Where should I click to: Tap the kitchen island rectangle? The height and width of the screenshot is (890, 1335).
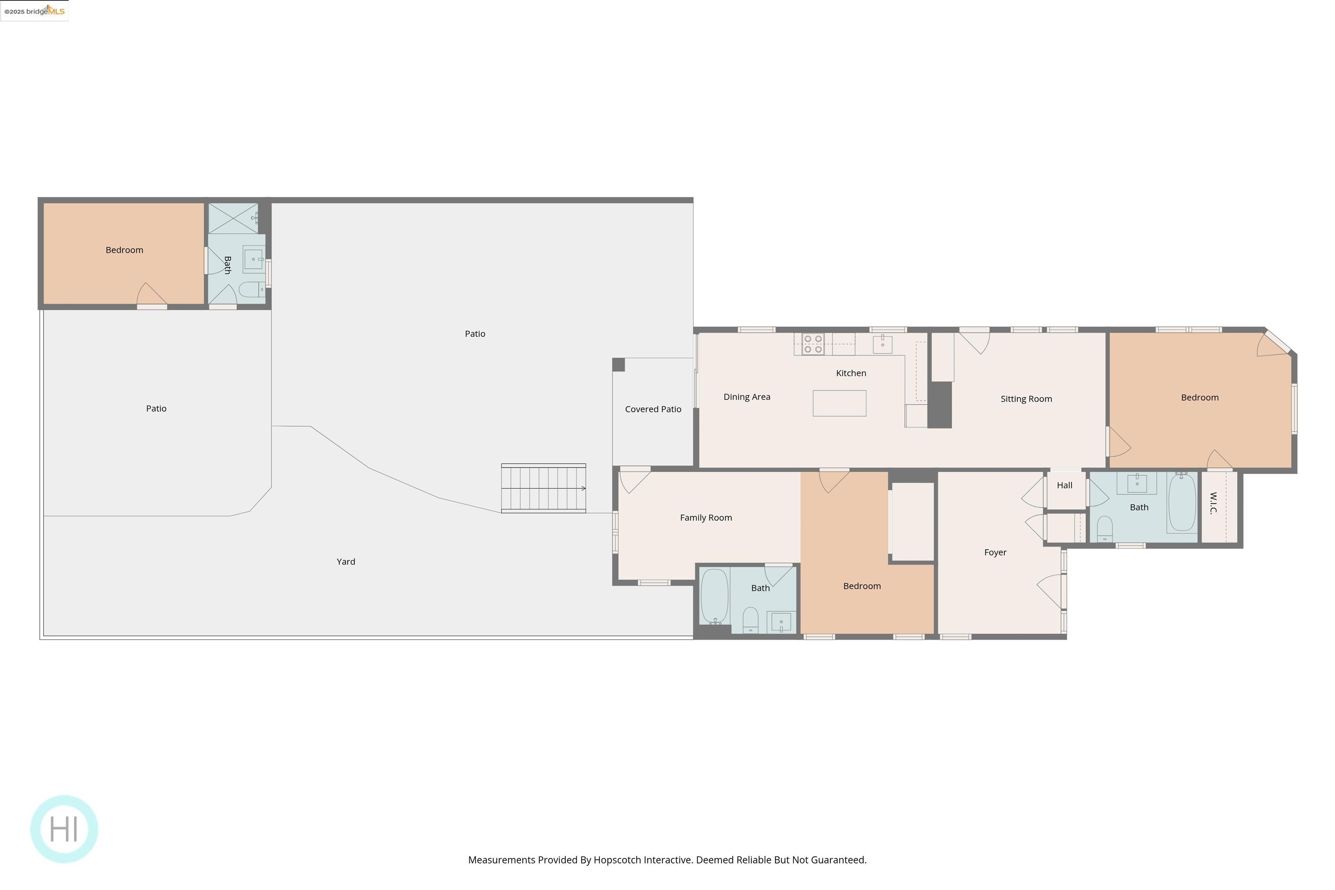coord(839,403)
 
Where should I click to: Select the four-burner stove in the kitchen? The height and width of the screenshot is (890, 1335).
coord(813,344)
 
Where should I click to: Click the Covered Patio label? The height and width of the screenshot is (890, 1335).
coord(653,409)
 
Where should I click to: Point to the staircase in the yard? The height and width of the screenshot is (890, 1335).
coord(543,488)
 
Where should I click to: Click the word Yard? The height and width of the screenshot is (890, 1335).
coord(345,561)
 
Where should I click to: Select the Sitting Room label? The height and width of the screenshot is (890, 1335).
coord(1026,399)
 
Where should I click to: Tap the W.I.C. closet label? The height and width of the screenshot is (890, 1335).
coord(1213,503)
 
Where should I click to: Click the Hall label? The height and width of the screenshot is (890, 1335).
coord(1064,485)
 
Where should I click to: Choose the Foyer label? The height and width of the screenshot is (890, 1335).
coord(995,552)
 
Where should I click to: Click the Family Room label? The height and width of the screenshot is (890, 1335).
coord(706,518)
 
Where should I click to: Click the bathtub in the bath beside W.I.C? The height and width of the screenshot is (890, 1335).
coord(1182,502)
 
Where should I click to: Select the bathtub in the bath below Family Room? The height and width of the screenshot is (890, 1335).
coord(714,596)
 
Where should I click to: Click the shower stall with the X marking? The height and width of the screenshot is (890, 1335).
coord(233,218)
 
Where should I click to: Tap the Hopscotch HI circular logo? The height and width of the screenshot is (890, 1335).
coord(64,829)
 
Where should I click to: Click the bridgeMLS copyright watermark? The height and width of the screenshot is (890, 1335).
coord(34,11)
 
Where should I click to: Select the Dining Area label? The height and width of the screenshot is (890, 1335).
coord(747,397)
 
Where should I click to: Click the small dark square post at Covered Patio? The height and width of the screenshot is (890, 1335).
coord(618,365)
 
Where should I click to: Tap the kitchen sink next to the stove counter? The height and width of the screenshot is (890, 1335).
coord(882,344)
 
